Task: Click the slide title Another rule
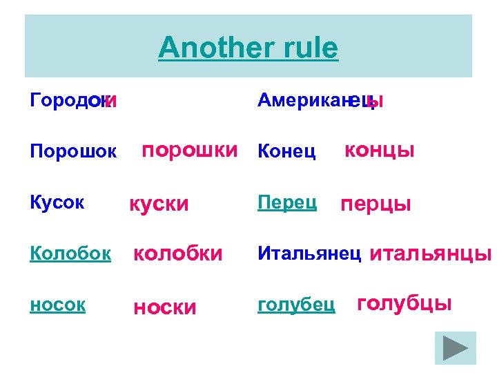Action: [248, 48]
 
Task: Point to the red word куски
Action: [159, 204]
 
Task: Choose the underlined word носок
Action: [58, 305]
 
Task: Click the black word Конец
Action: [286, 151]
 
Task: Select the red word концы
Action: [380, 150]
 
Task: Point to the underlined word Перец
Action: [286, 202]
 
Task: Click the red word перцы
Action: [376, 204]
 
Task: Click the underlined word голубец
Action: [296, 304]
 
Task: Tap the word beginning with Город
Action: [73, 101]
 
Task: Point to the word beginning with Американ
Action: [320, 101]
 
